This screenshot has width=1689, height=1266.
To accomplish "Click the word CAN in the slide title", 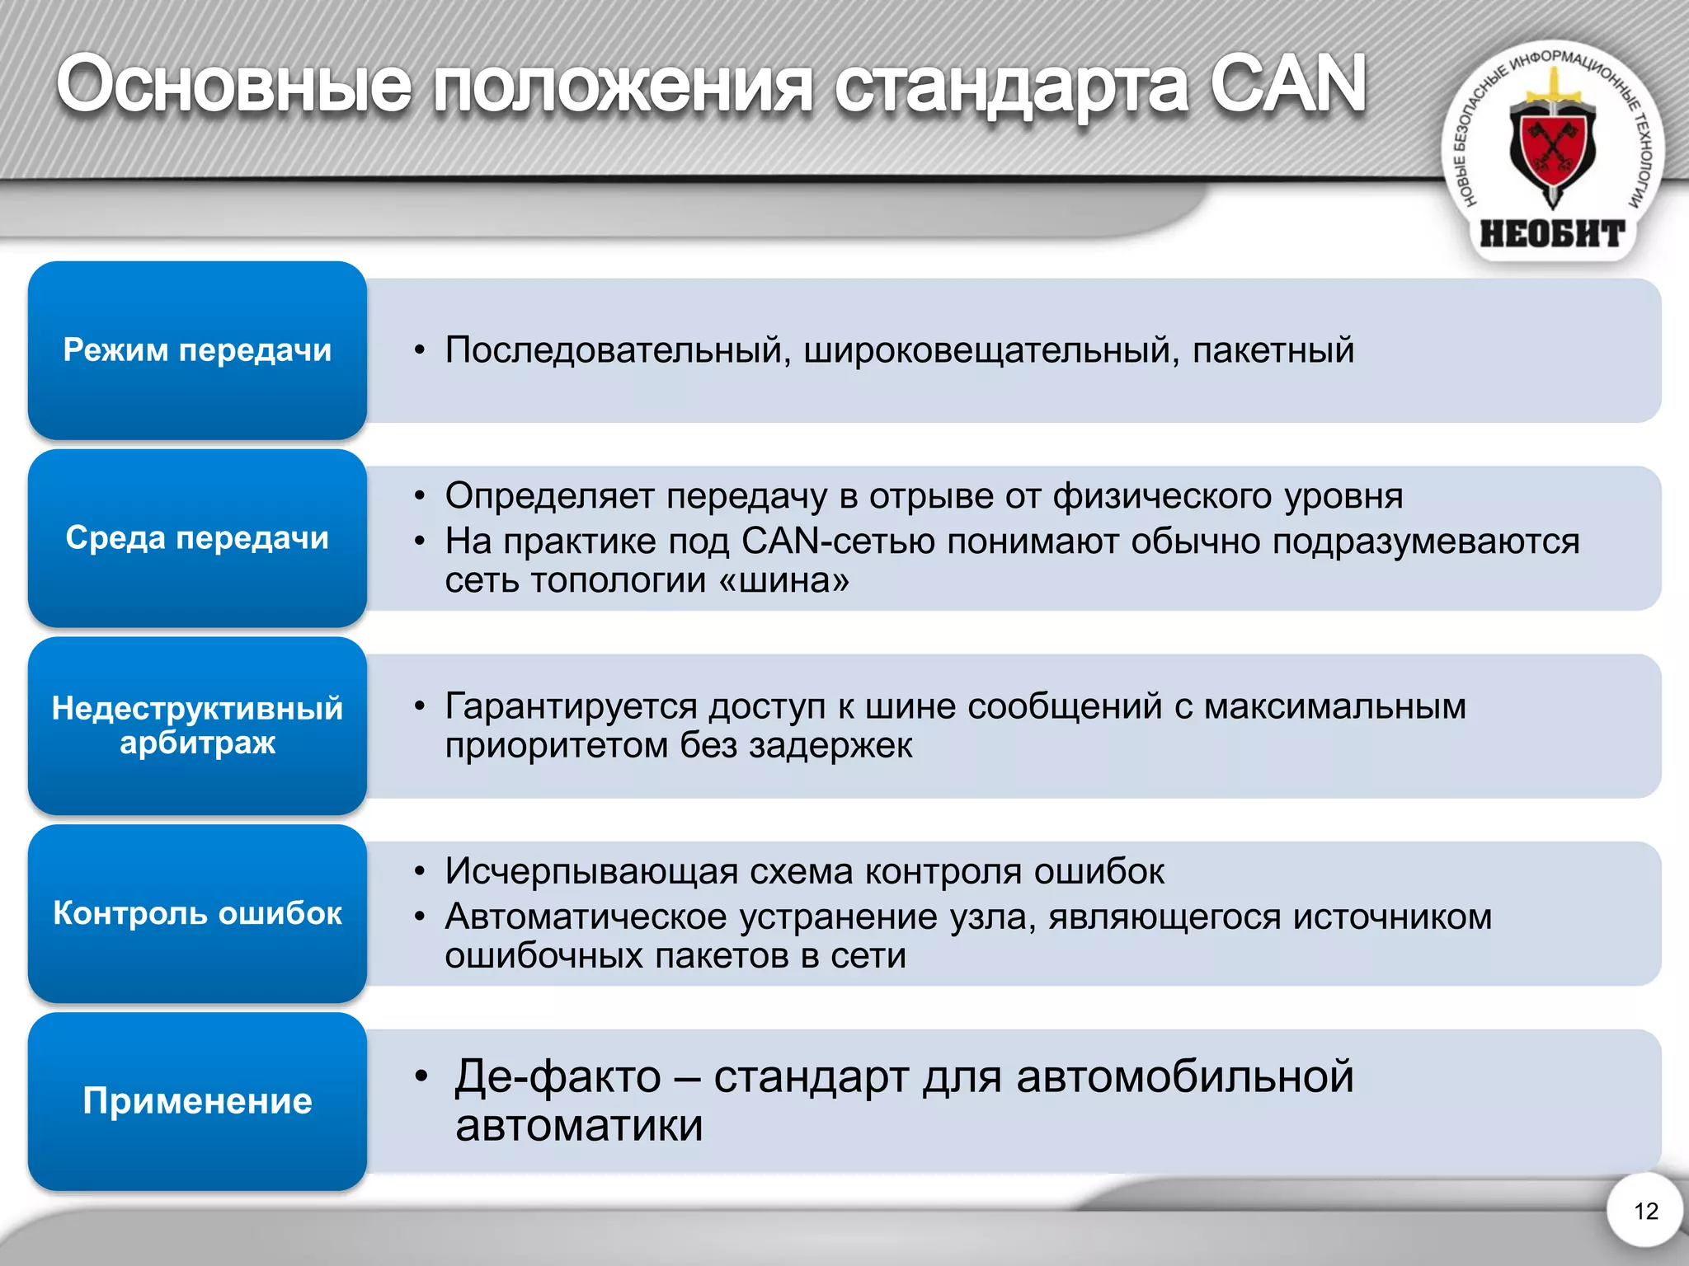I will pyautogui.click(x=1287, y=84).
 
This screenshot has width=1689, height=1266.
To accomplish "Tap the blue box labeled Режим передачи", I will pyautogui.click(x=197, y=350).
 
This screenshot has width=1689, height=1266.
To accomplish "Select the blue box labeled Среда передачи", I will pyautogui.click(x=197, y=538).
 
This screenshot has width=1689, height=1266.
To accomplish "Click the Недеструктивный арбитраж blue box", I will pyautogui.click(x=197, y=725).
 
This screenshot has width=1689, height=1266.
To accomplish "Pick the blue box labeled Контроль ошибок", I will pyautogui.click(x=197, y=913).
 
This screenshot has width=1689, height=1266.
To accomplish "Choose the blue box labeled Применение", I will pyautogui.click(x=197, y=1101).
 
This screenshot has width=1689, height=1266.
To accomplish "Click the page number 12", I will pyautogui.click(x=1645, y=1211).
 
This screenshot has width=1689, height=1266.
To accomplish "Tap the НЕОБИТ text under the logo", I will pyautogui.click(x=1552, y=234).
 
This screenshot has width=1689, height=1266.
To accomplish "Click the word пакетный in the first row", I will pyautogui.click(x=1273, y=350).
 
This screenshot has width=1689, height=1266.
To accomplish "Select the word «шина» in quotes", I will pyautogui.click(x=783, y=581).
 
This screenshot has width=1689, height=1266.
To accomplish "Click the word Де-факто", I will pyautogui.click(x=558, y=1076).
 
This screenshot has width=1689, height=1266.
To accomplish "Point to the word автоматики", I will pyautogui.click(x=579, y=1126).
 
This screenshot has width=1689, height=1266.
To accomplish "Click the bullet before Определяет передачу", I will pyautogui.click(x=420, y=496).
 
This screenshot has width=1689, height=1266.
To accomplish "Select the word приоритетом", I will pyautogui.click(x=556, y=746).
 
